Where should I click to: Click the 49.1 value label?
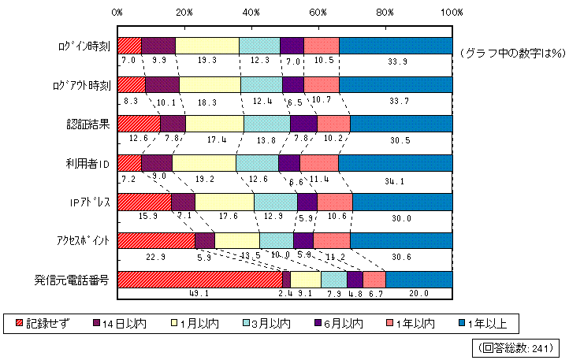pos(199,293)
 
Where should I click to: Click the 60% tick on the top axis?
pos(318,12)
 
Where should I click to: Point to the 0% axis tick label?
pos(117,12)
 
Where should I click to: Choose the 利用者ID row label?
pos(87,163)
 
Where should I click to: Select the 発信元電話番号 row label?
pos(76,279)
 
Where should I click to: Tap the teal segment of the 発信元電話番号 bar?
pos(418,279)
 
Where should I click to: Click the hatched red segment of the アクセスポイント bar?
pos(155,240)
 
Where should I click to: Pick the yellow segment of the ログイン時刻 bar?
pos(206,46)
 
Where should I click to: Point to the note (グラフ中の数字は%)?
pos(508,53)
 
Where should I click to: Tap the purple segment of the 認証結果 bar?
pos(303,124)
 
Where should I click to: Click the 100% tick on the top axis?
pos(452,12)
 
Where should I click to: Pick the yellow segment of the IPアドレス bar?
pos(224,202)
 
